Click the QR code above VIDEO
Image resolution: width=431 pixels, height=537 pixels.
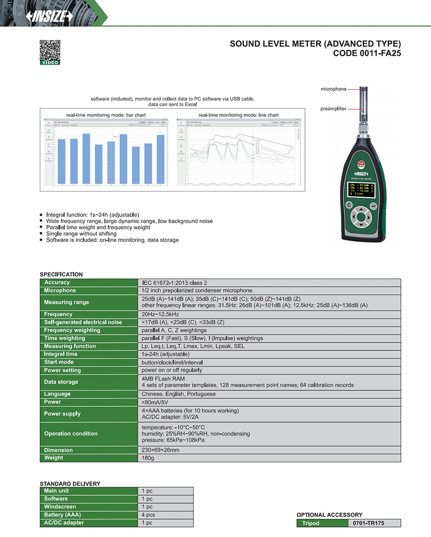[x=49, y=49]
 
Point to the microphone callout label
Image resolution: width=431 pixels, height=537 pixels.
[x=333, y=89]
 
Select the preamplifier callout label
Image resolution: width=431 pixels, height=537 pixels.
[x=333, y=109]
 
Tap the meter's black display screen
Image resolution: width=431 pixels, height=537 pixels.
[x=361, y=190]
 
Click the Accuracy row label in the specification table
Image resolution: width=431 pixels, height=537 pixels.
[x=57, y=282]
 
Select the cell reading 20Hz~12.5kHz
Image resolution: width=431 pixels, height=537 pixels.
[x=160, y=314]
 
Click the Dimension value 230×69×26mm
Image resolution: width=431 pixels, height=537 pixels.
[x=160, y=450]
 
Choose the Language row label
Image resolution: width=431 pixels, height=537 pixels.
[x=57, y=394]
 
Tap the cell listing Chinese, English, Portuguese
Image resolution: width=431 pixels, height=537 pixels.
[x=179, y=394]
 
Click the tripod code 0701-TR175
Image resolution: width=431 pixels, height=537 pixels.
[x=368, y=523]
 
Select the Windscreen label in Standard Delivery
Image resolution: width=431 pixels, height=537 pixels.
[x=60, y=507]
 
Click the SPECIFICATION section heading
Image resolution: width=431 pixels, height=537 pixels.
[x=61, y=275]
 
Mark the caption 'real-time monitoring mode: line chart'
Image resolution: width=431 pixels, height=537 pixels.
[x=238, y=115]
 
